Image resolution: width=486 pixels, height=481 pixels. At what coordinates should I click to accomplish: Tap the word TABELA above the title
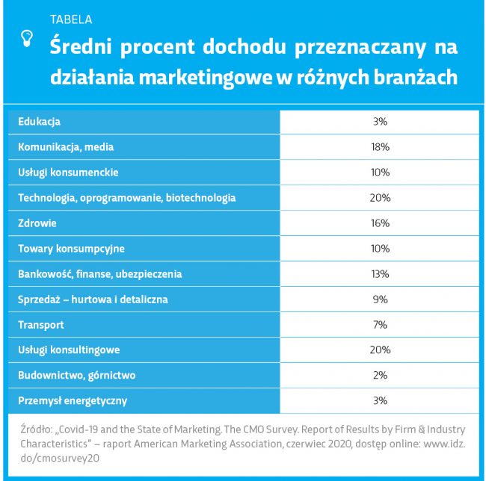click(71, 19)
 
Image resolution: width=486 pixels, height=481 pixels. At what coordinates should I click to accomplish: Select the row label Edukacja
click(39, 121)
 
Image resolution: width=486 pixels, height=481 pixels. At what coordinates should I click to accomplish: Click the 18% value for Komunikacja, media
click(380, 147)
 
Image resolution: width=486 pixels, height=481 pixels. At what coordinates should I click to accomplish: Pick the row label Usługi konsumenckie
click(68, 173)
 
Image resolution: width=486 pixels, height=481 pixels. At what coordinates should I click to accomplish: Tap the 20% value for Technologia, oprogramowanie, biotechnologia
click(380, 198)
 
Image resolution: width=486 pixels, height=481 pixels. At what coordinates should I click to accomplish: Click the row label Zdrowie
click(37, 223)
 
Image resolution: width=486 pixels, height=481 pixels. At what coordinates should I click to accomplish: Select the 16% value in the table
click(380, 223)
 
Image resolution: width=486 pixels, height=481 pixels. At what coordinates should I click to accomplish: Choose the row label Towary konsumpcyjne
click(71, 249)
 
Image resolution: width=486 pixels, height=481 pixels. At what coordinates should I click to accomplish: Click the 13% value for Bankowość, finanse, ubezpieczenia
click(380, 274)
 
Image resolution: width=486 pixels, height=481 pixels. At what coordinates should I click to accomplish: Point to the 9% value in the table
click(380, 300)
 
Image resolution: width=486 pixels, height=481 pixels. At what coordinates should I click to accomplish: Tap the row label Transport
click(41, 325)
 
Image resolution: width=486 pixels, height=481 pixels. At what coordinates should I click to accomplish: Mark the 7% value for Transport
click(380, 325)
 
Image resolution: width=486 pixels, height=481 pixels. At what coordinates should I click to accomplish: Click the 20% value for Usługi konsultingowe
click(380, 350)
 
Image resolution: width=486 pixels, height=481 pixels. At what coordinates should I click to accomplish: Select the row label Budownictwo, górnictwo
click(76, 375)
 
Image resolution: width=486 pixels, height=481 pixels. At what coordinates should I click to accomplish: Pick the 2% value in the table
click(380, 375)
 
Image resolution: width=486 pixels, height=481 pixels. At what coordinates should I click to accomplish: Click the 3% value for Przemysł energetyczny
click(380, 400)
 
